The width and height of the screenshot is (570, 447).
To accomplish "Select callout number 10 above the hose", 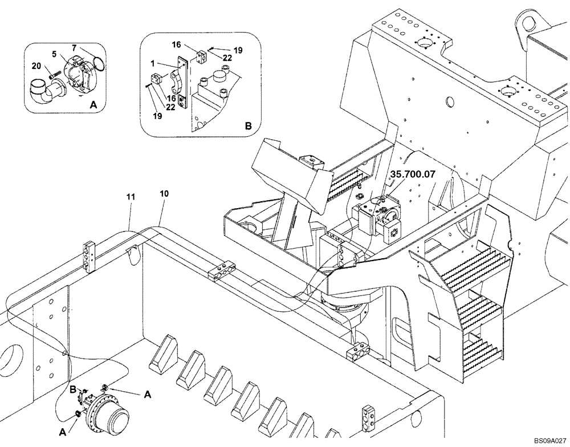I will click(x=164, y=194).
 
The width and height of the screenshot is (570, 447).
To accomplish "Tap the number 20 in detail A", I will click(x=37, y=67).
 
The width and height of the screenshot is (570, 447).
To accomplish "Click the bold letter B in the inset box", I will click(x=248, y=125).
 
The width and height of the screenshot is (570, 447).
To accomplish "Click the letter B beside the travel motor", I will click(x=72, y=390).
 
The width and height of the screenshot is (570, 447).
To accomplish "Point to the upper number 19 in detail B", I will click(x=238, y=50).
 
